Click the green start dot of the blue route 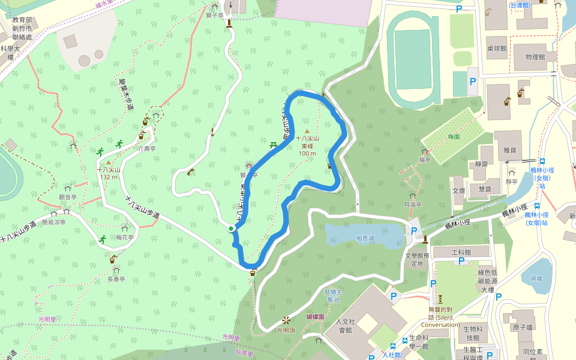[231, 228]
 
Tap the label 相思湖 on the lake [365, 238]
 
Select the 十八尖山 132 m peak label [109, 173]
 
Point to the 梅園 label [454, 137]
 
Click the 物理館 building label [534, 57]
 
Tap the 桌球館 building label [497, 48]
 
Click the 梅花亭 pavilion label [125, 238]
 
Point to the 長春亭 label [116, 279]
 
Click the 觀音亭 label [68, 196]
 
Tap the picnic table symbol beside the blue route [274, 145]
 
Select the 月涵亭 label [413, 205]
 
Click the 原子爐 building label [523, 328]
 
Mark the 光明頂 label [286, 330]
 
